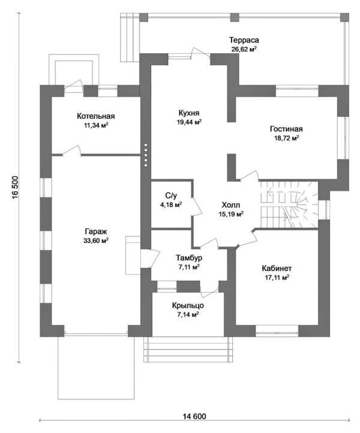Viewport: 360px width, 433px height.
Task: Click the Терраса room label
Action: [x=244, y=40]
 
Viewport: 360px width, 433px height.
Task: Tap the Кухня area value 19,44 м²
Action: [x=189, y=122]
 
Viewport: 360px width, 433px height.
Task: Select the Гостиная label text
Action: [x=286, y=129]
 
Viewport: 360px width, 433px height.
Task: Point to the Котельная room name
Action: [x=95, y=116]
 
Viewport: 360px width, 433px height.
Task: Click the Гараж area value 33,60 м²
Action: [x=96, y=240]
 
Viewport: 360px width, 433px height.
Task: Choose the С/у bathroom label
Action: [x=171, y=196]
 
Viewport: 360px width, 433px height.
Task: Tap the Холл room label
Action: [x=230, y=205]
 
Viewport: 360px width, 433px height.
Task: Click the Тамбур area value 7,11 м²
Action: [x=189, y=267]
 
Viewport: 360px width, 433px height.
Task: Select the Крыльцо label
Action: [x=188, y=305]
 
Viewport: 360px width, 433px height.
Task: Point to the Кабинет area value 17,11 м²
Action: [x=277, y=277]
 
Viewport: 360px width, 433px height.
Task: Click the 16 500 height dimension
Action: [x=15, y=187]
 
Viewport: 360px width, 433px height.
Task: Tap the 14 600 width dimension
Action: [x=194, y=416]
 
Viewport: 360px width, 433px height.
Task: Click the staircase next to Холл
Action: [x=289, y=205]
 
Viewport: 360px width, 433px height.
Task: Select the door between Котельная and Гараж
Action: [x=72, y=151]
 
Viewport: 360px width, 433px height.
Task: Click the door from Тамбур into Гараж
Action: [x=150, y=258]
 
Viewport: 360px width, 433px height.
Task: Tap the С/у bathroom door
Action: [x=197, y=206]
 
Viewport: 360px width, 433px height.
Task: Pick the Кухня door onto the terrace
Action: [x=201, y=53]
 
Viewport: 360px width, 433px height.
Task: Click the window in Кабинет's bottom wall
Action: [x=277, y=330]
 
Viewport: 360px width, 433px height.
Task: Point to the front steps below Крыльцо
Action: [x=188, y=349]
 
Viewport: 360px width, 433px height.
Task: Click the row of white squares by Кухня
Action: [x=146, y=155]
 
